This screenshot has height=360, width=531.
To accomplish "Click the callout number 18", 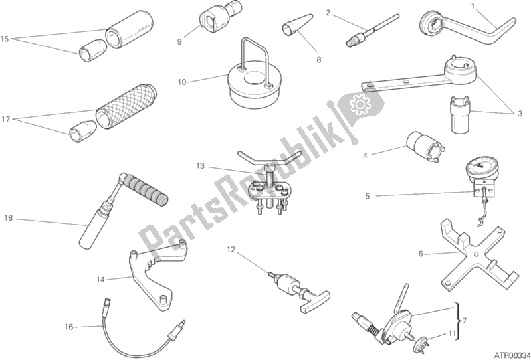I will [x=9, y=218].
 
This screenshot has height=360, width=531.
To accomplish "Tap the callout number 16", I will [x=69, y=327].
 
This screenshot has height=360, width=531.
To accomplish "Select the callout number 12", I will [x=231, y=250].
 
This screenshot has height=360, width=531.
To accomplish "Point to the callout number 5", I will [x=368, y=197].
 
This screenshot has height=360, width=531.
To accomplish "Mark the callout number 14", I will [x=100, y=280].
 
